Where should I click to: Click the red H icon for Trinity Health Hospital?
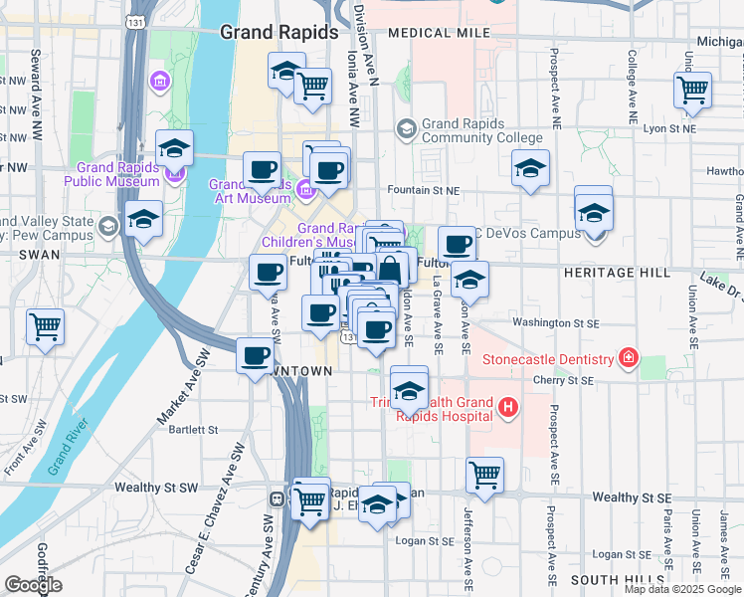[x=508, y=406]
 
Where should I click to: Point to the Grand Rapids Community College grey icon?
[x=405, y=128]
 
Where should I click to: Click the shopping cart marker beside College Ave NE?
[x=692, y=91]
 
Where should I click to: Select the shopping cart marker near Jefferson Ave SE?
[x=484, y=475]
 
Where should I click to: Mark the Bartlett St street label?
[x=193, y=430]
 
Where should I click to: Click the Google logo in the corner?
[x=33, y=585]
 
